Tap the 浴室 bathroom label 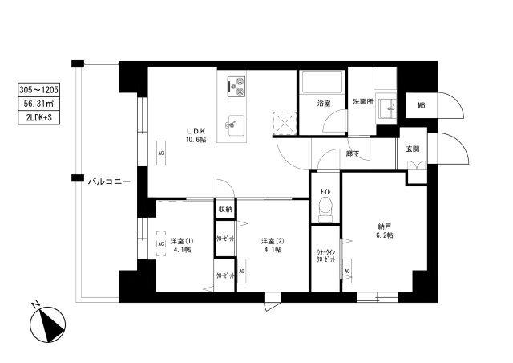pos(323,103)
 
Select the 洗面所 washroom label pos(365,101)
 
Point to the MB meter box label pos(421,104)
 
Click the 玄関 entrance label pos(412,148)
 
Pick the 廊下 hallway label pos(352,153)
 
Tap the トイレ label pos(326,191)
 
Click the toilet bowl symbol pos(325,210)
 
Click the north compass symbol pos(49,325)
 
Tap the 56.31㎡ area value pos(38,104)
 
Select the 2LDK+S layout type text pos(38,117)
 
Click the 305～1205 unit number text pos(38,90)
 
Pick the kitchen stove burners pos(236,84)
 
